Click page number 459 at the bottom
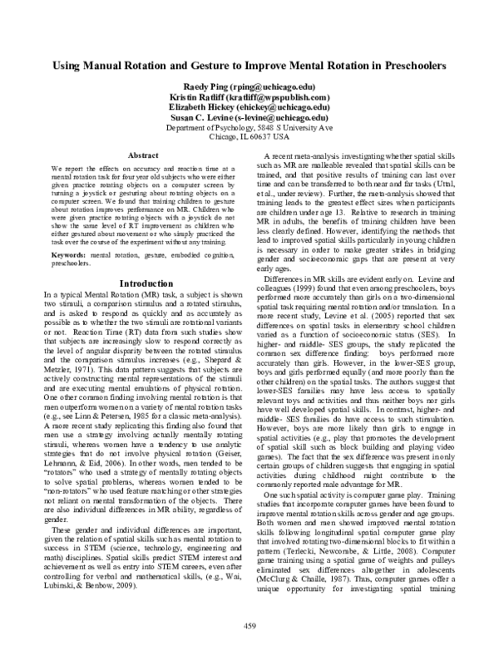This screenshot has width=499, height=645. click(x=249, y=626)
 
